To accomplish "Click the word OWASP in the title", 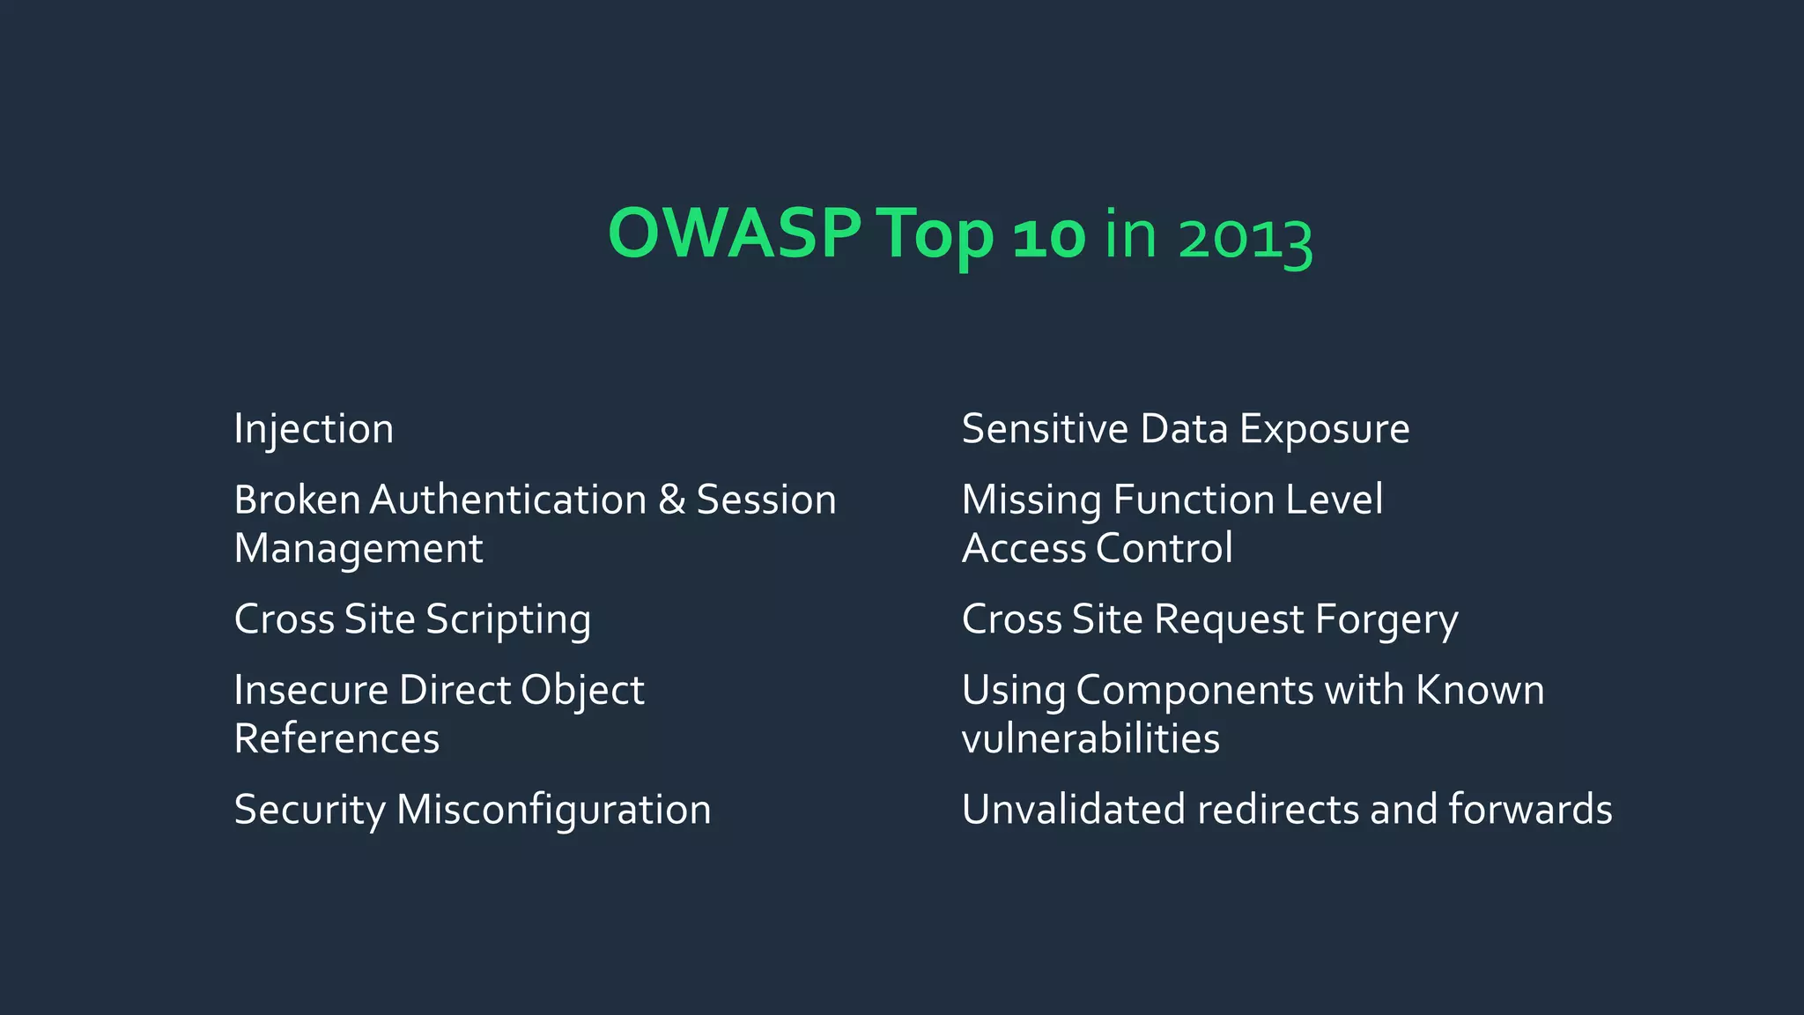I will coord(734,234).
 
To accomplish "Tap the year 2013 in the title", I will coord(1245,238).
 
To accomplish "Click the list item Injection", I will coord(314,430).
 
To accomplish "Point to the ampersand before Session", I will coord(671,500).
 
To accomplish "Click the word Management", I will coord(359,549).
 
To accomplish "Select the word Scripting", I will coord(508,620).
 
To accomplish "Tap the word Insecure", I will coord(310,690).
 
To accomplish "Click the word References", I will coord(336,738).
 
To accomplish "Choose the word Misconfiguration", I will coord(553,810).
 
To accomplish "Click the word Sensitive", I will coord(1045,429).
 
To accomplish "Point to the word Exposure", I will coord(1324,430).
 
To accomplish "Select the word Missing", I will coord(1031,500).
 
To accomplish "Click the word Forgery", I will coord(1386,620).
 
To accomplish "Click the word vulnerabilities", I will coord(1091,738).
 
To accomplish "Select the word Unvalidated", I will coord(1073,810).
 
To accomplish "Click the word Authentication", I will coord(508,500).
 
